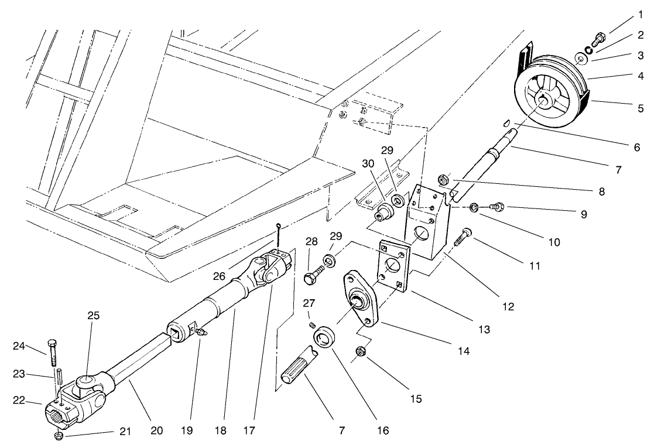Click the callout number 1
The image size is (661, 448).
tap(641, 13)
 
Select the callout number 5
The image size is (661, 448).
tap(641, 108)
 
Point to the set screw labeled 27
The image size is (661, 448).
tap(313, 325)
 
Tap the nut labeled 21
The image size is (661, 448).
tap(59, 436)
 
